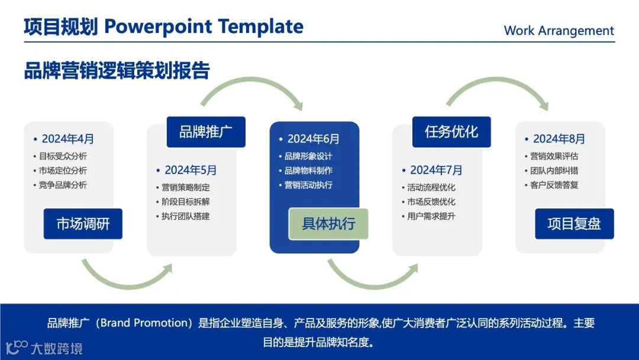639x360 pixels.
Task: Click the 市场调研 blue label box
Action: point(83,223)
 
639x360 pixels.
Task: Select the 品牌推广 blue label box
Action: point(206,131)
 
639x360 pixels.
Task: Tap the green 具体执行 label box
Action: point(328,223)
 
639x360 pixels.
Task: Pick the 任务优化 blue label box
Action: point(451,131)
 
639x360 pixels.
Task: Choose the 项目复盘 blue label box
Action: point(574,223)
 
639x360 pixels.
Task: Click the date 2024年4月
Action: point(67,139)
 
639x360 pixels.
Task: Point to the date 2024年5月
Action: point(191,170)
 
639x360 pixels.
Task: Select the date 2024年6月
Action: point(314,139)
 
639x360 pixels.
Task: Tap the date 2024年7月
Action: point(436,170)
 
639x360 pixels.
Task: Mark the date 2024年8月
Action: point(559,139)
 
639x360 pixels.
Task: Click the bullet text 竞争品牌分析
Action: point(63,185)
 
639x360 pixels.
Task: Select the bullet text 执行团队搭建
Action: point(185,216)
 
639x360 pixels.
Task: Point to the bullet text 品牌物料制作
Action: point(308,171)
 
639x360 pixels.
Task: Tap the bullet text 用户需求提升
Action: point(431,216)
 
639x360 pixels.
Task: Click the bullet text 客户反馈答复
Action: point(554,185)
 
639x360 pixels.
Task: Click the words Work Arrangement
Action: point(559,31)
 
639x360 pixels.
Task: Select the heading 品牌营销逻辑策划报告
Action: point(117,70)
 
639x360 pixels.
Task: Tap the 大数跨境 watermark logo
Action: point(44,348)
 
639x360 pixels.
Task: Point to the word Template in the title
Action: point(261,27)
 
